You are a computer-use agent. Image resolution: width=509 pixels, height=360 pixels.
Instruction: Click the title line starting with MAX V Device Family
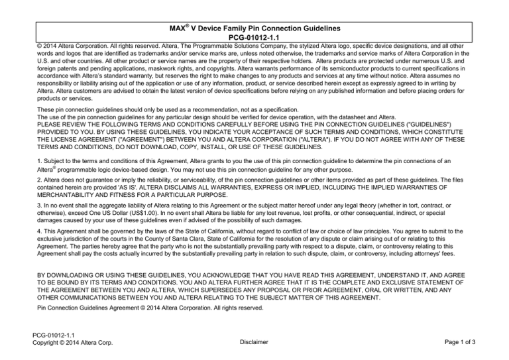point(254,29)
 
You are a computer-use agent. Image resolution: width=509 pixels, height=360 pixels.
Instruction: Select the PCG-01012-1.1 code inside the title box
point(254,38)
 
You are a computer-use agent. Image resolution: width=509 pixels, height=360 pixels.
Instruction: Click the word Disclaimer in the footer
point(254,343)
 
